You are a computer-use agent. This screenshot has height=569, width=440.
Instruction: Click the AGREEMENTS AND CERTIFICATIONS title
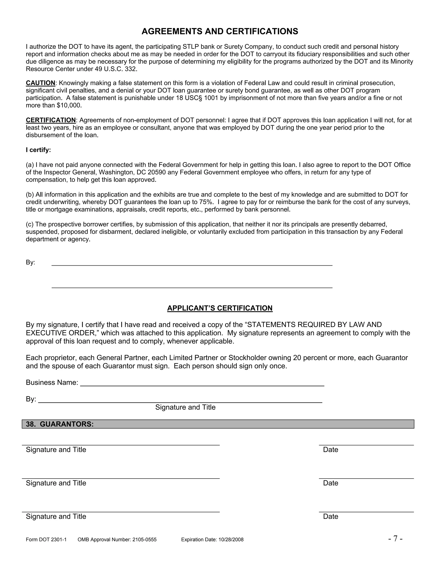[220, 32]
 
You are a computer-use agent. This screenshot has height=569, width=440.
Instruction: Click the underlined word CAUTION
[40, 83]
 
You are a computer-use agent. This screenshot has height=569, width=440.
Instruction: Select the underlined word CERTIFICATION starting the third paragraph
[50, 120]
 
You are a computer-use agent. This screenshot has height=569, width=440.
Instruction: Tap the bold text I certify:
[38, 150]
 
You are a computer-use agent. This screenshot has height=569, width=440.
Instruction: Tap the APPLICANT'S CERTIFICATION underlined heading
[220, 308]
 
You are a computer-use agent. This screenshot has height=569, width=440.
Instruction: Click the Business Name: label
[52, 382]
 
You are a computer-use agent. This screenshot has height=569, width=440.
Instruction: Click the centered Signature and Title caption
[185, 407]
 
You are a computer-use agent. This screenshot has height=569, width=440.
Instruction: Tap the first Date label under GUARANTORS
[330, 450]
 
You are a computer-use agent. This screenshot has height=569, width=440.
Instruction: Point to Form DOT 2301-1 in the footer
[46, 540]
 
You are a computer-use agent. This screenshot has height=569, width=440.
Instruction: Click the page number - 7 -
[395, 539]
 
